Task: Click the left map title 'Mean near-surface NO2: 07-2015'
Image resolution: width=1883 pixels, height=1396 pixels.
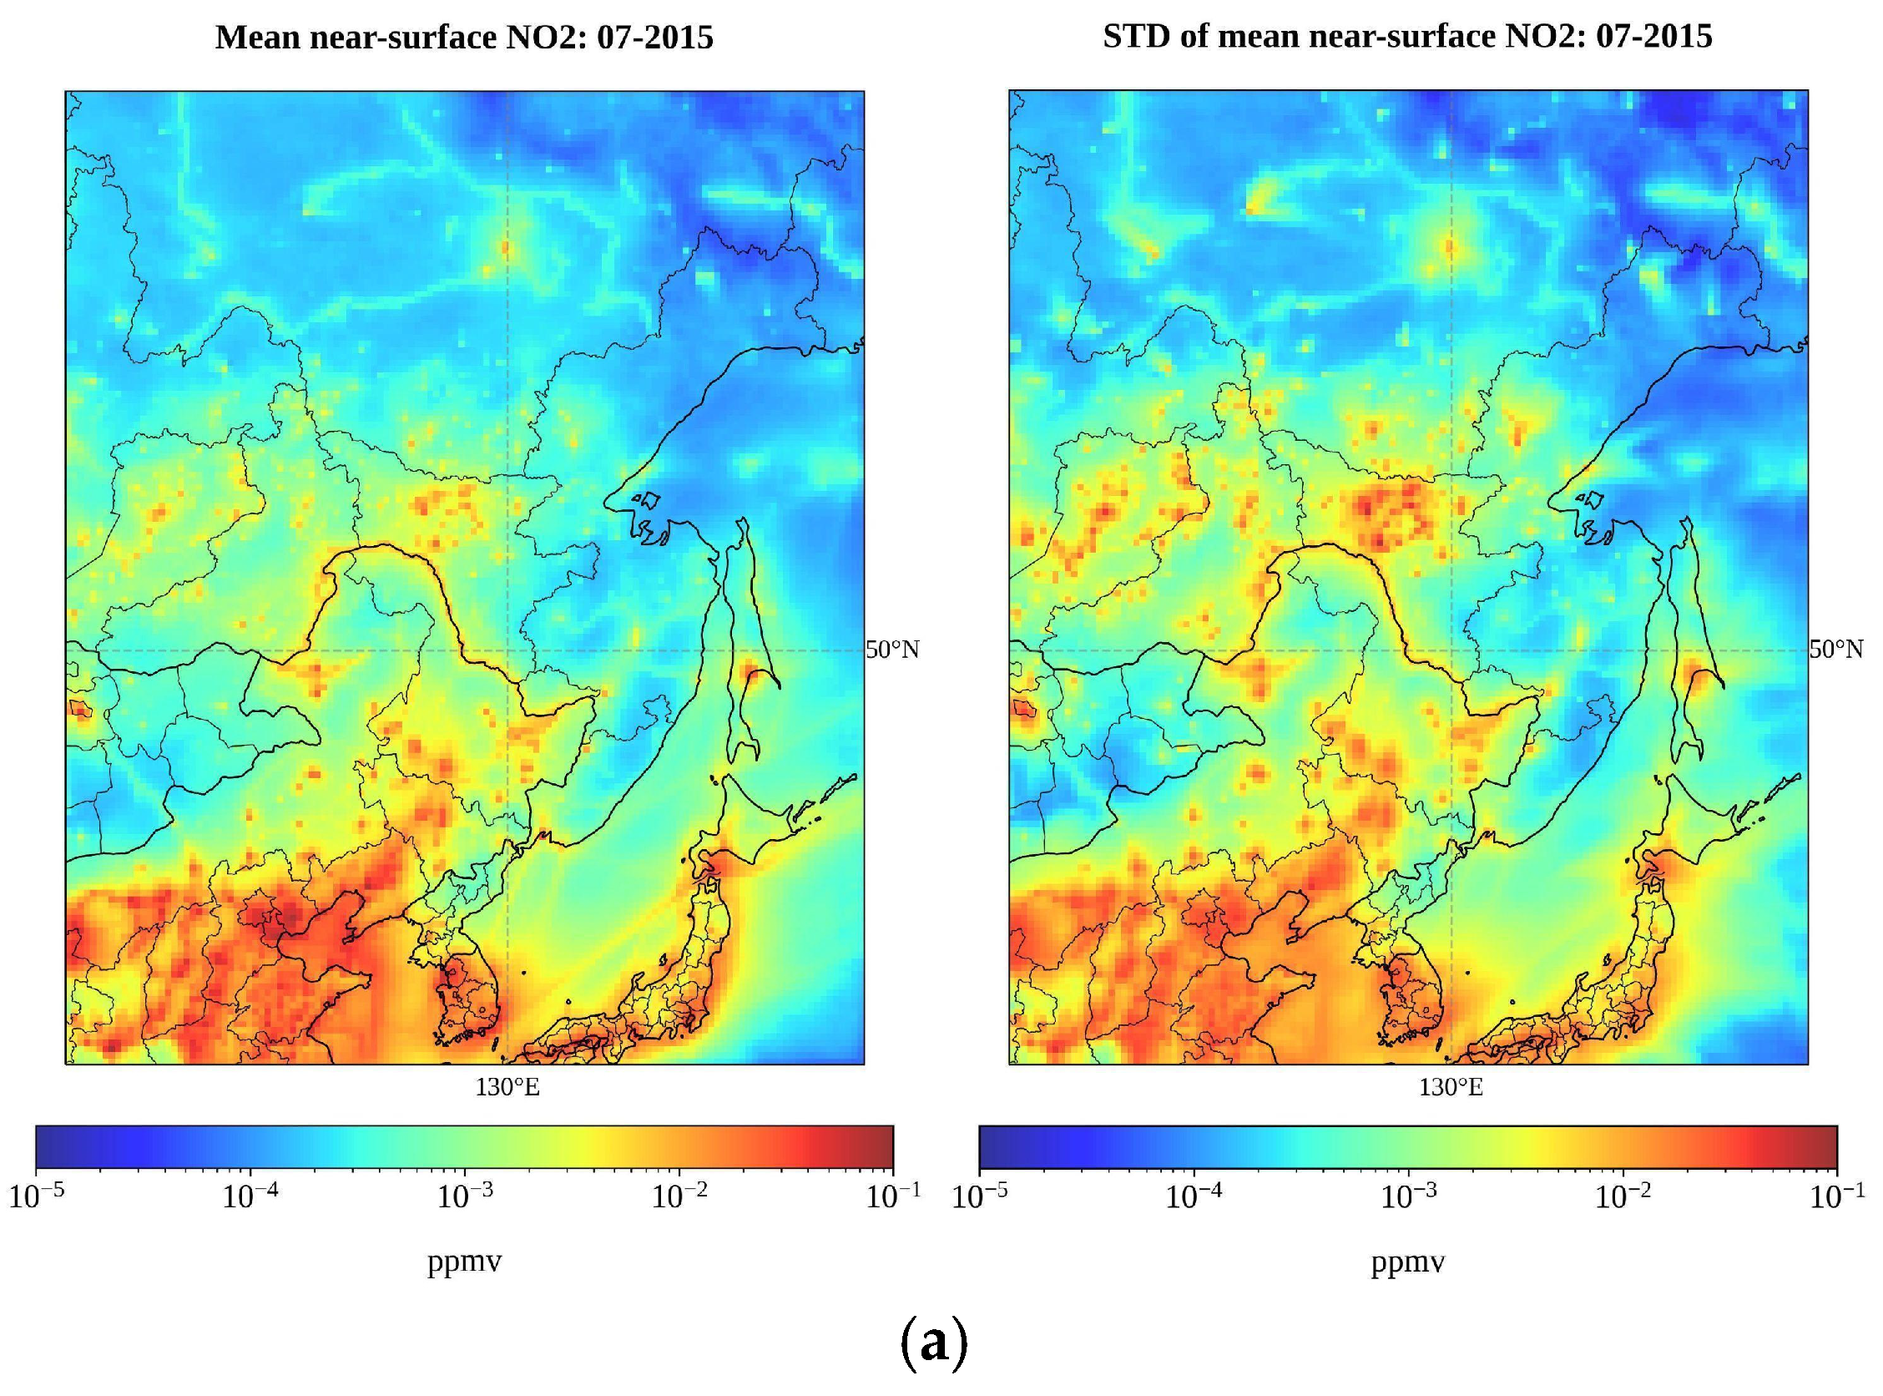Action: [464, 38]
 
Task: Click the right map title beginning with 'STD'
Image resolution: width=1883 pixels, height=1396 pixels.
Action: [1407, 37]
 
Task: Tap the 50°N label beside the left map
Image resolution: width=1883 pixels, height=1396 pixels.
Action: [892, 650]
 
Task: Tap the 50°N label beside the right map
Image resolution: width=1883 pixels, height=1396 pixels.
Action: [1835, 650]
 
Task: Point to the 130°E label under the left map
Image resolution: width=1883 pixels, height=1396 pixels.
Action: [507, 1088]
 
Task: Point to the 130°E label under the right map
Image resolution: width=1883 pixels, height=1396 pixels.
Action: [1451, 1088]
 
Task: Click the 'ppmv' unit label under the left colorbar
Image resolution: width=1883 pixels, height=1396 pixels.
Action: [465, 1262]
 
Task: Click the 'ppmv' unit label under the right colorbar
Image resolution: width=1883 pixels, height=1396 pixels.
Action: [1408, 1262]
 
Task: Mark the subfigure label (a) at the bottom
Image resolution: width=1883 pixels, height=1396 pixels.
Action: [933, 1343]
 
